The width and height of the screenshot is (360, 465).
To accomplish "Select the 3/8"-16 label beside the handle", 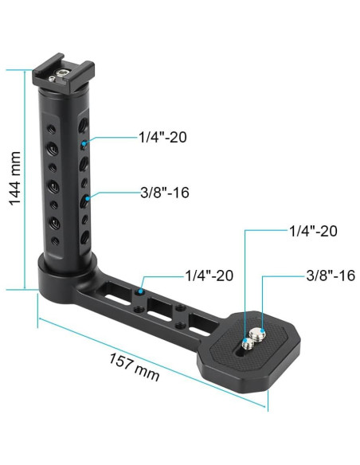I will point(165,192).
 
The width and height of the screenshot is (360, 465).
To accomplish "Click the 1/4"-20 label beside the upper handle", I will point(162,138).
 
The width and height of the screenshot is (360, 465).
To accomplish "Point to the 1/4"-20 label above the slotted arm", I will point(209,275).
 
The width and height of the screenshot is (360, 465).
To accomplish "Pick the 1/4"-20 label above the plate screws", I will point(313,232).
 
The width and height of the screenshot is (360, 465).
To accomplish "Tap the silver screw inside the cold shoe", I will point(61,76).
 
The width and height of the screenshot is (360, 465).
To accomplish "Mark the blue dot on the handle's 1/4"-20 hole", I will point(84,144).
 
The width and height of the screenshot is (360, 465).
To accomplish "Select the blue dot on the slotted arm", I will point(141,292).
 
